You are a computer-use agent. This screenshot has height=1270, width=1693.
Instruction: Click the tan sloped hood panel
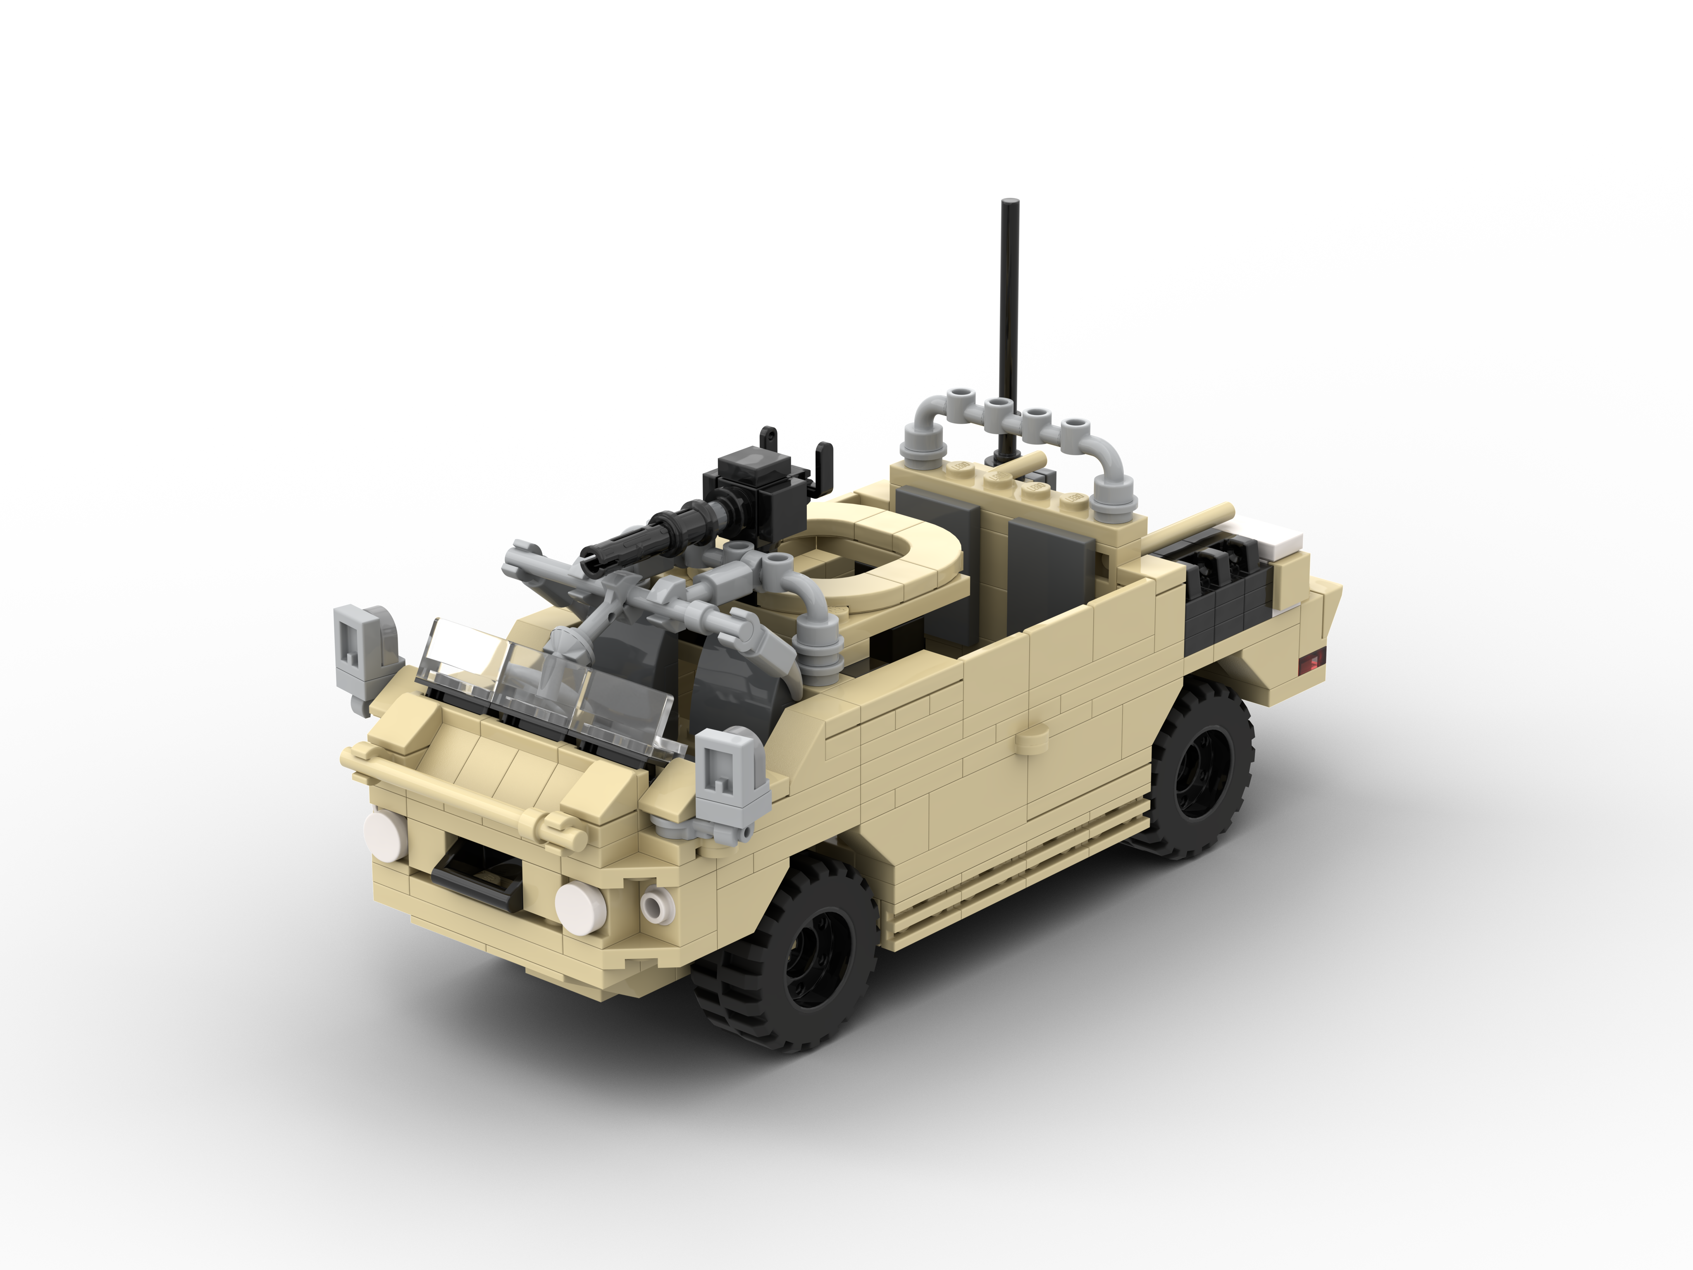click(490, 758)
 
